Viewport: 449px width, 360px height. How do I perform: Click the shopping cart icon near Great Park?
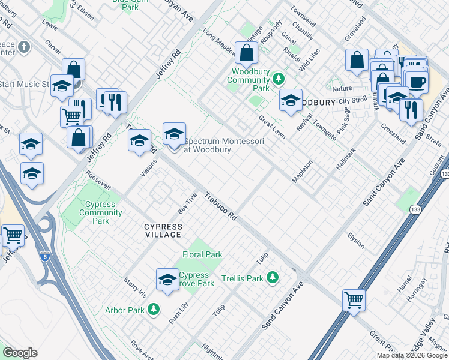354,299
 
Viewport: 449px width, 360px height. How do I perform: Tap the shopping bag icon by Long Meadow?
246,53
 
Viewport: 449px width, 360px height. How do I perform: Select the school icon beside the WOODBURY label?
291,100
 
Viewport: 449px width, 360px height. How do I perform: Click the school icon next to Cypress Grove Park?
167,279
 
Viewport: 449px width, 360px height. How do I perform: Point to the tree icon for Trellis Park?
273,277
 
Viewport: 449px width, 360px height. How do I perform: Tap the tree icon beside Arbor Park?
154,309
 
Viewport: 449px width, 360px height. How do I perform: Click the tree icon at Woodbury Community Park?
278,79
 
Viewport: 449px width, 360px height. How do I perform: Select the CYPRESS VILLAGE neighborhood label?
163,230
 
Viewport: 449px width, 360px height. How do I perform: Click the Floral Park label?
202,254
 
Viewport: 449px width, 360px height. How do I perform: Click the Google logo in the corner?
20,352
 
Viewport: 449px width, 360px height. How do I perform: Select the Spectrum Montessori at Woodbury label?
207,145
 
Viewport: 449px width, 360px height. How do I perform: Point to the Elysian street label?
355,240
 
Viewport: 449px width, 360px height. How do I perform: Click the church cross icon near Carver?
23,47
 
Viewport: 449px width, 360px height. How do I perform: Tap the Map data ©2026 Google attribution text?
411,355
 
